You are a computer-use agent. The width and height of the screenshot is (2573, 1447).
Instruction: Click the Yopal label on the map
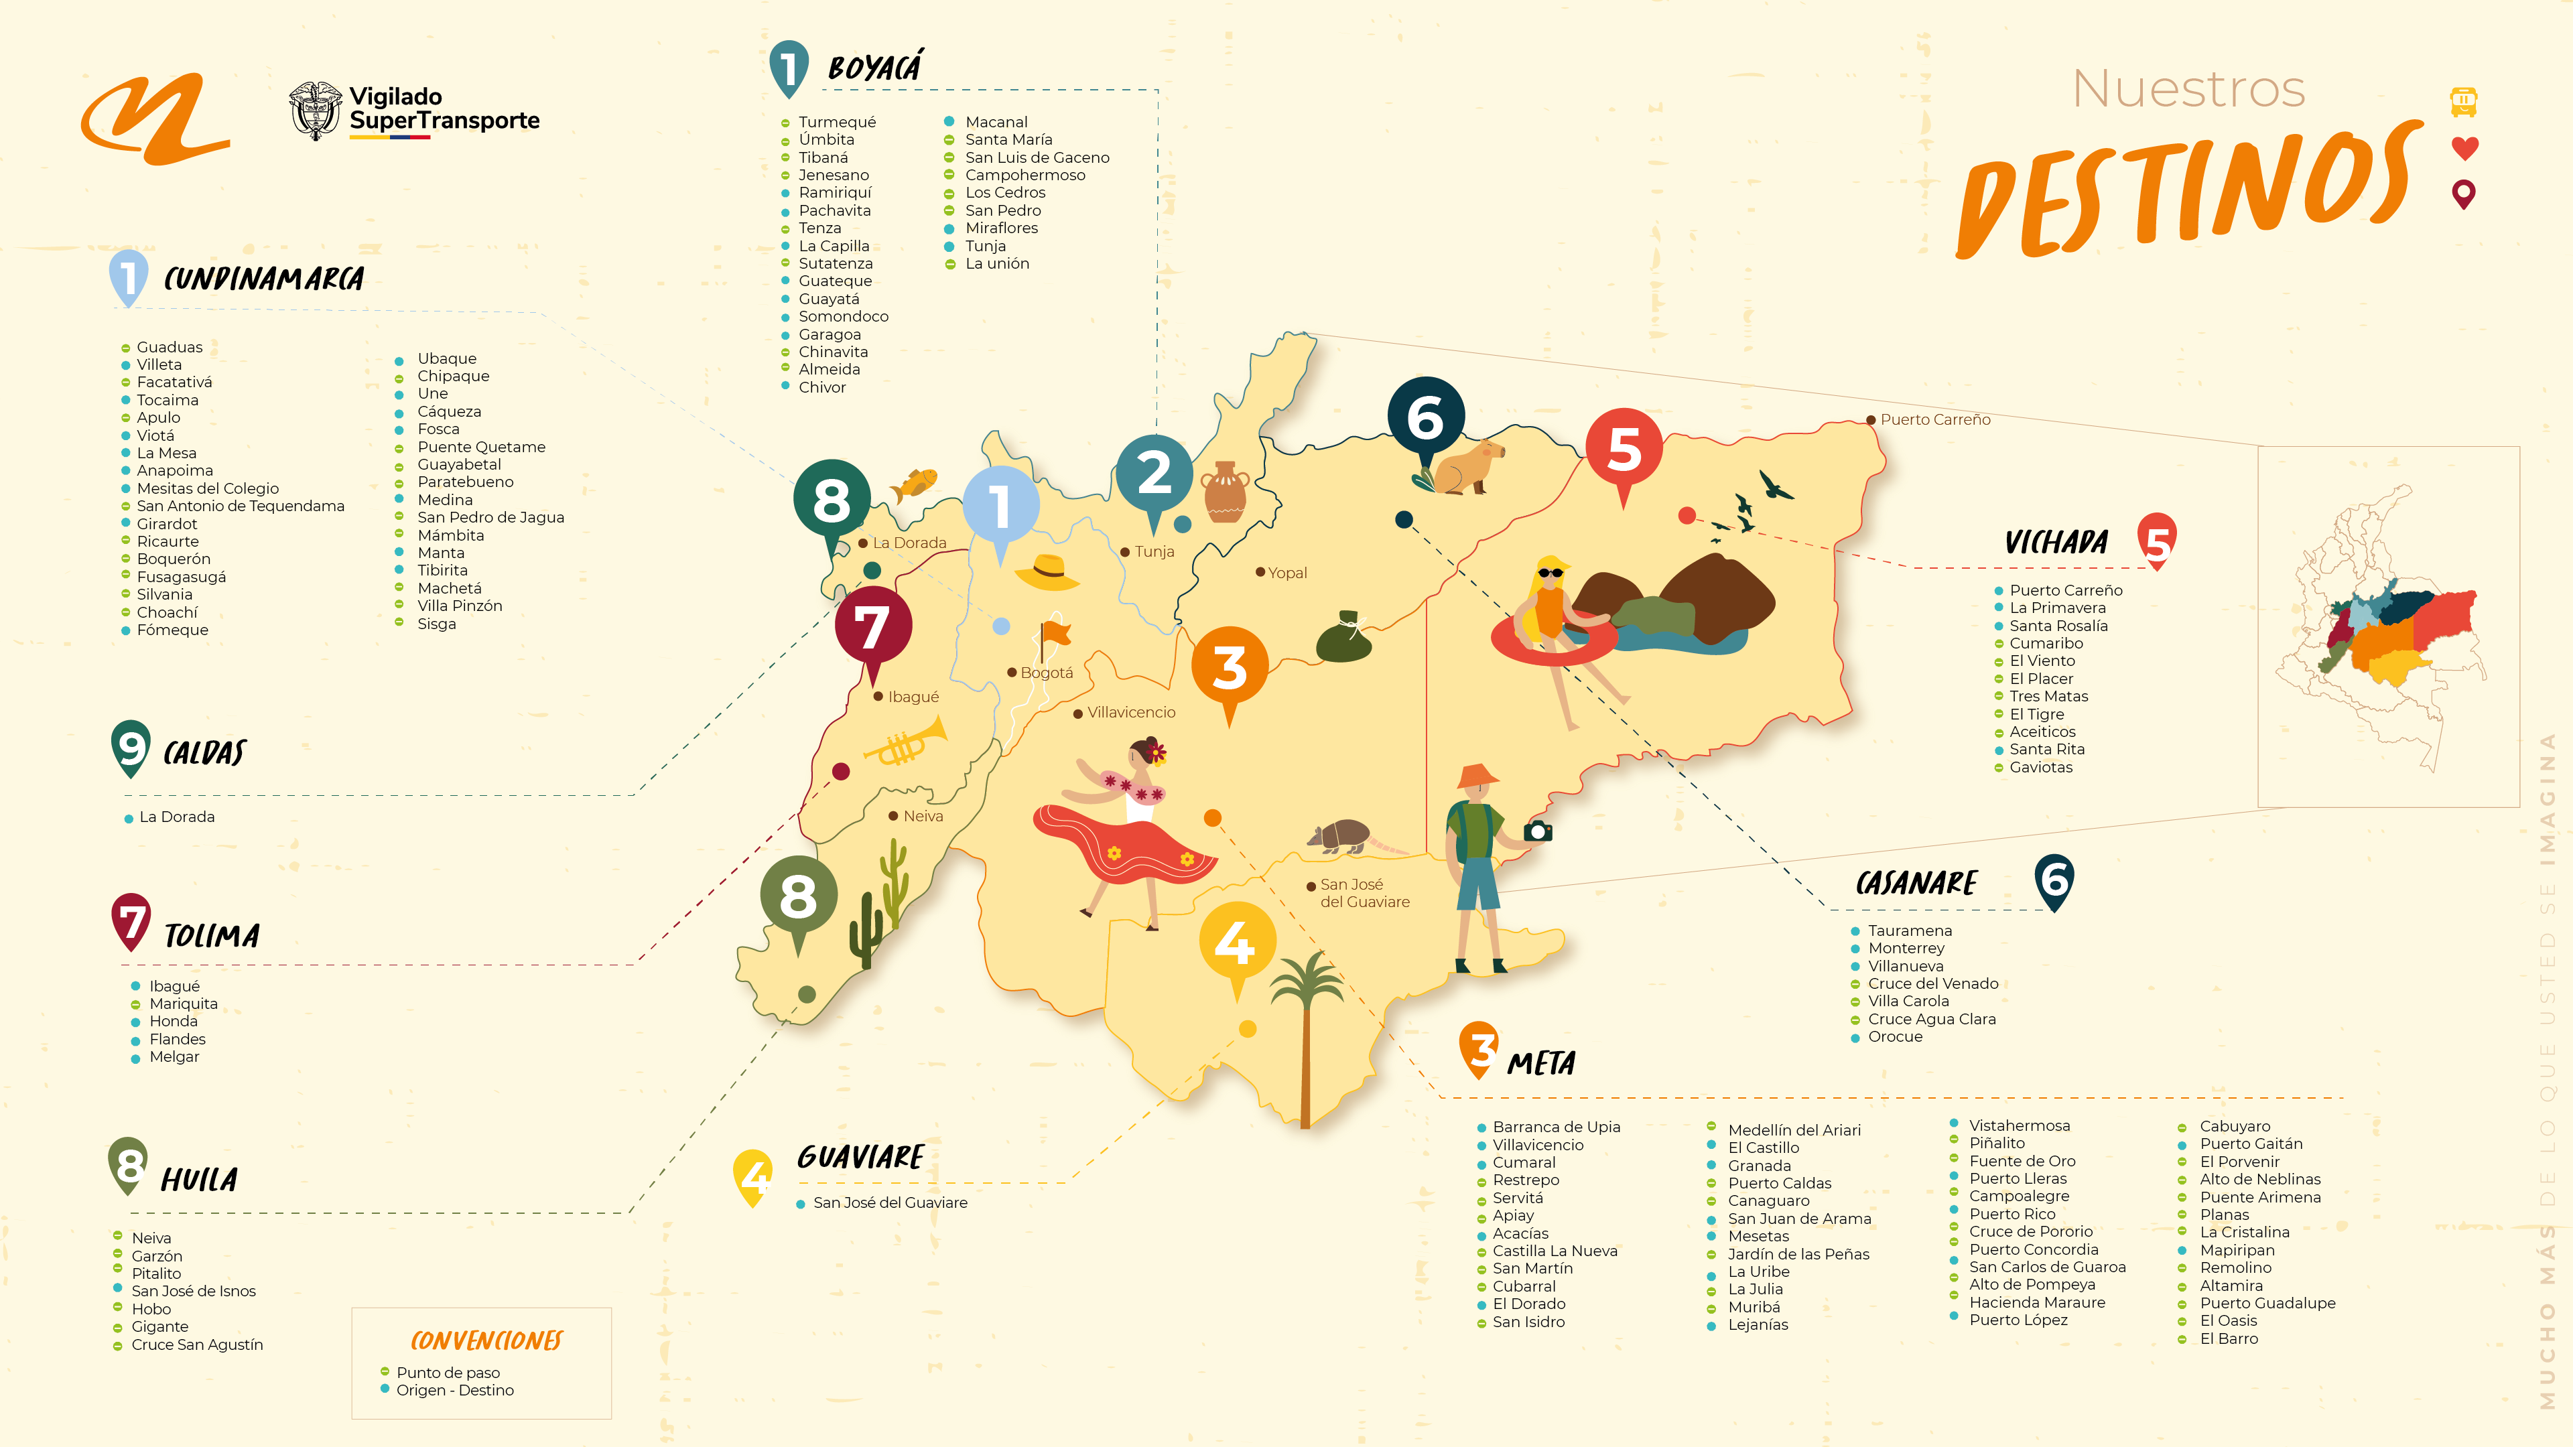click(x=1286, y=572)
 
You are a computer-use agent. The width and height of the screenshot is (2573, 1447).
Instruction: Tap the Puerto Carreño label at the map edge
click(x=1934, y=419)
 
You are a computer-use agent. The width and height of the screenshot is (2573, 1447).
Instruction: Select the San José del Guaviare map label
click(x=1364, y=893)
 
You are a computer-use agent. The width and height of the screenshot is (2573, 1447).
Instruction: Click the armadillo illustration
click(x=1341, y=836)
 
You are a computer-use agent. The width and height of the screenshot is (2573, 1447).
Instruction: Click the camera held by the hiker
click(x=1538, y=831)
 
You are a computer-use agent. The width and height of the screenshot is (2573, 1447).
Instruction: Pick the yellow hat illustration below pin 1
click(x=1047, y=573)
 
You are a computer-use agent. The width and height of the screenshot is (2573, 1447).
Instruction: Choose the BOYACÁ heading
click(x=874, y=68)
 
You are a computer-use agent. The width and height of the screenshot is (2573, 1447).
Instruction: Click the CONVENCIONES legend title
click(x=486, y=1340)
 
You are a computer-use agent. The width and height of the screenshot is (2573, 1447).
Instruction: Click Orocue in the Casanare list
click(x=1895, y=1036)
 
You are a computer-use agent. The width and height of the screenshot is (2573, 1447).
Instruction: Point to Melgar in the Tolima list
click(x=174, y=1056)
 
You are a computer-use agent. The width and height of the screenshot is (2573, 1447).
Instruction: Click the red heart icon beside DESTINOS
click(x=2464, y=148)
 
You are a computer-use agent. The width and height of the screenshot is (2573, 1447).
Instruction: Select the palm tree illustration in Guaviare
click(x=1305, y=1028)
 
